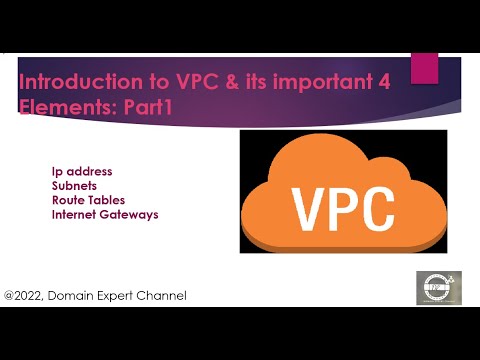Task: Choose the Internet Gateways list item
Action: point(105,214)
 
